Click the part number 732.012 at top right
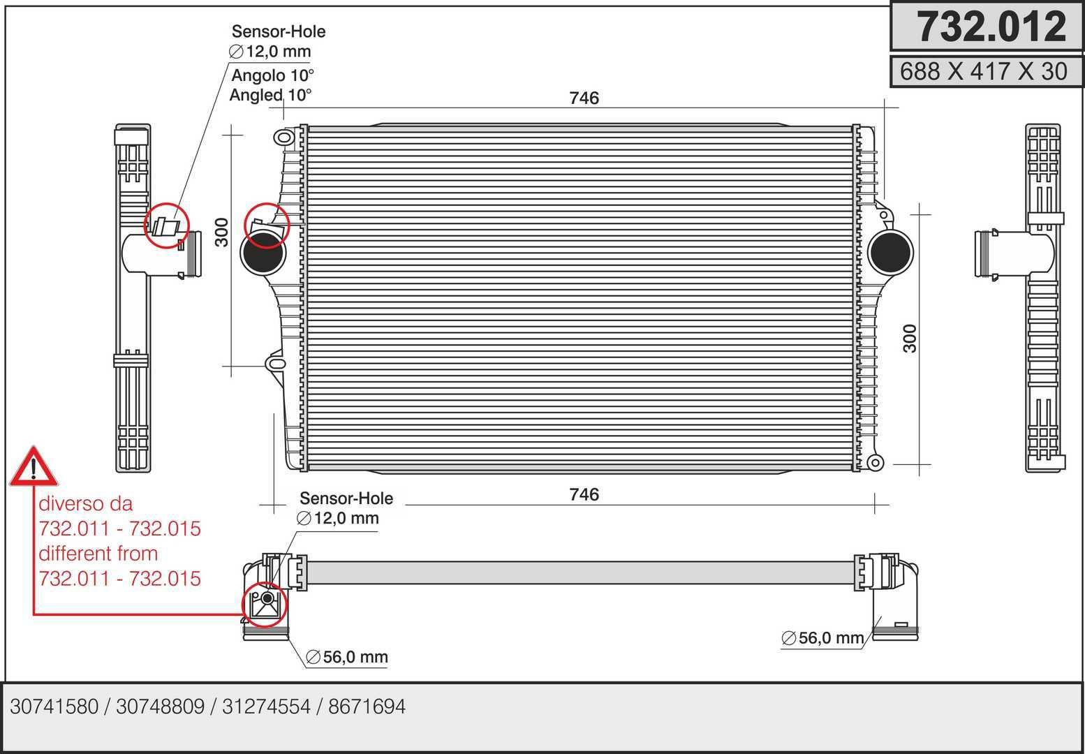(x=991, y=27)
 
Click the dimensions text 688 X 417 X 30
(x=984, y=71)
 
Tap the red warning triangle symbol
(x=34, y=467)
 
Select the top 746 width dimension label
(x=584, y=98)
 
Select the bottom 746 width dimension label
(x=584, y=494)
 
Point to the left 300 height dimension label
(x=221, y=232)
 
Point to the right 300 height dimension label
(x=910, y=338)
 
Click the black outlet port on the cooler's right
(x=891, y=253)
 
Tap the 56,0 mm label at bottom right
(x=823, y=638)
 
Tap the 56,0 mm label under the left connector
(x=347, y=657)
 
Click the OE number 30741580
(x=54, y=707)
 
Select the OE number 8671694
(x=367, y=707)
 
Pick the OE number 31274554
(x=266, y=707)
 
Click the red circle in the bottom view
(x=265, y=605)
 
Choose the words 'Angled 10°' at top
(x=271, y=95)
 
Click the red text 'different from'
(x=98, y=554)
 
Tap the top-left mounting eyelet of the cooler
(x=283, y=137)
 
